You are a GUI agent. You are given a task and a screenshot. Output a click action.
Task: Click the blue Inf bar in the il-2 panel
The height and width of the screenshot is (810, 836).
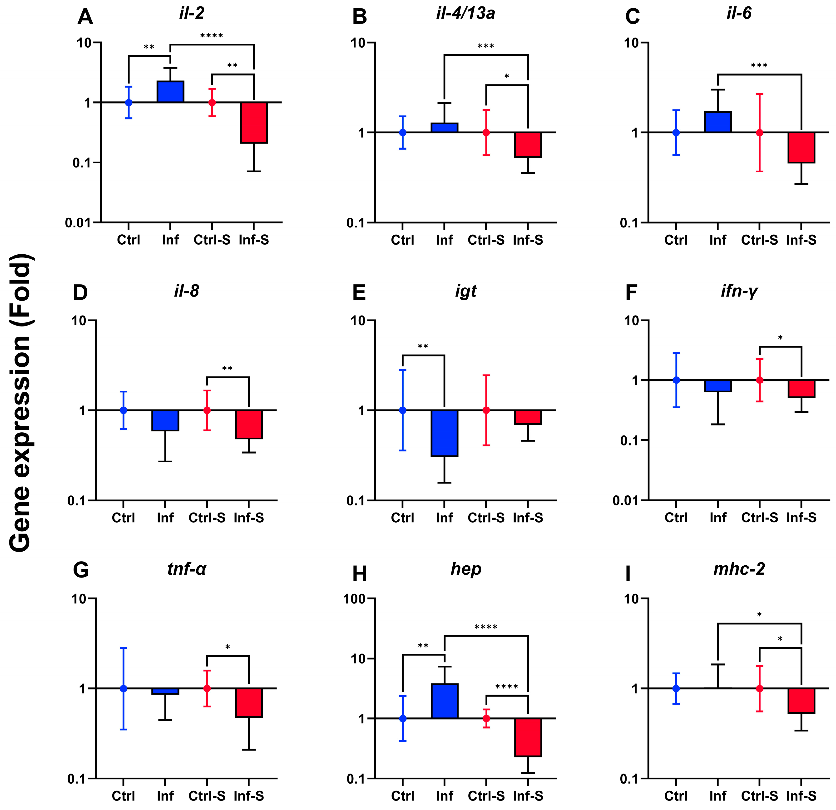click(170, 92)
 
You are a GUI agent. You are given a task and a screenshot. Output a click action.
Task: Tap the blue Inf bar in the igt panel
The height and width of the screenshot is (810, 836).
click(445, 433)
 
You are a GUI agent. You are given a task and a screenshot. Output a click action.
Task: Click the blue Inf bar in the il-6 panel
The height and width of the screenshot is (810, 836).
click(718, 122)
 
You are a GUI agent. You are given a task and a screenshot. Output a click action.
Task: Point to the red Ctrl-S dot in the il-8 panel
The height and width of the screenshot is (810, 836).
click(207, 410)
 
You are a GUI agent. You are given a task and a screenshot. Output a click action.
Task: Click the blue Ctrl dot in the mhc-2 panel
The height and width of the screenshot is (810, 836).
click(676, 688)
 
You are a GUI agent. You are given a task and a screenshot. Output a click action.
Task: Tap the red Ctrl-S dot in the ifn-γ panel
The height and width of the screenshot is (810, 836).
click(760, 380)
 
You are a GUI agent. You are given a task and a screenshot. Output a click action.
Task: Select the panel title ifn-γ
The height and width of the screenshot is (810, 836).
click(739, 291)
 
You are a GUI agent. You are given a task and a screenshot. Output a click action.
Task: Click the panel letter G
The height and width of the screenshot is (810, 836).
click(81, 570)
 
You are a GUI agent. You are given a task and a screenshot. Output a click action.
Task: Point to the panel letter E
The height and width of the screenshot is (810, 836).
click(359, 293)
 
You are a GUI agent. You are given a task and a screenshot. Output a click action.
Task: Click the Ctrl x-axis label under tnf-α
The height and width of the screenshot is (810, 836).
click(123, 796)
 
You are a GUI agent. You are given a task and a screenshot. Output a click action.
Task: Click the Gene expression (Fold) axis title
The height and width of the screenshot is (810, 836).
click(20, 403)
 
